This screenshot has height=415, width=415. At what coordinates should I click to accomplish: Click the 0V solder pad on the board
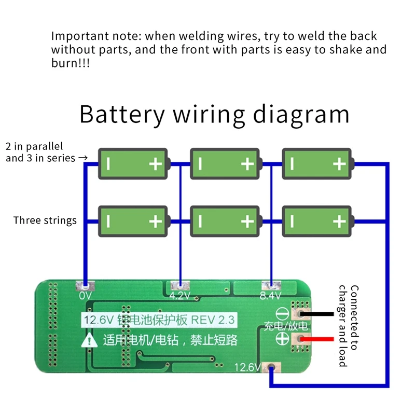pyautogui.click(x=85, y=285)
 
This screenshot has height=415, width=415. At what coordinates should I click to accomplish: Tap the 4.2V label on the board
pyautogui.click(x=179, y=296)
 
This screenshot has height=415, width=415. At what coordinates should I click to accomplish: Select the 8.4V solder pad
pyautogui.click(x=269, y=285)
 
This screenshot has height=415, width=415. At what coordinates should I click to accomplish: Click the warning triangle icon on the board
pyautogui.click(x=91, y=340)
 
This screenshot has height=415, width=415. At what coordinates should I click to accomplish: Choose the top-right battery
pyautogui.click(x=317, y=164)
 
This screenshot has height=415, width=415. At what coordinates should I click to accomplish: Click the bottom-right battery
pyautogui.click(x=317, y=222)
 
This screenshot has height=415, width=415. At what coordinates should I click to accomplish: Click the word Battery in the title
pyautogui.click(x=122, y=114)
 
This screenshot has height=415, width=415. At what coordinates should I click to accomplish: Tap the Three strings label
pyautogui.click(x=45, y=220)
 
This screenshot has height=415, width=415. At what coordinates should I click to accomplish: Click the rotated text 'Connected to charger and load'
pyautogui.click(x=349, y=325)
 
